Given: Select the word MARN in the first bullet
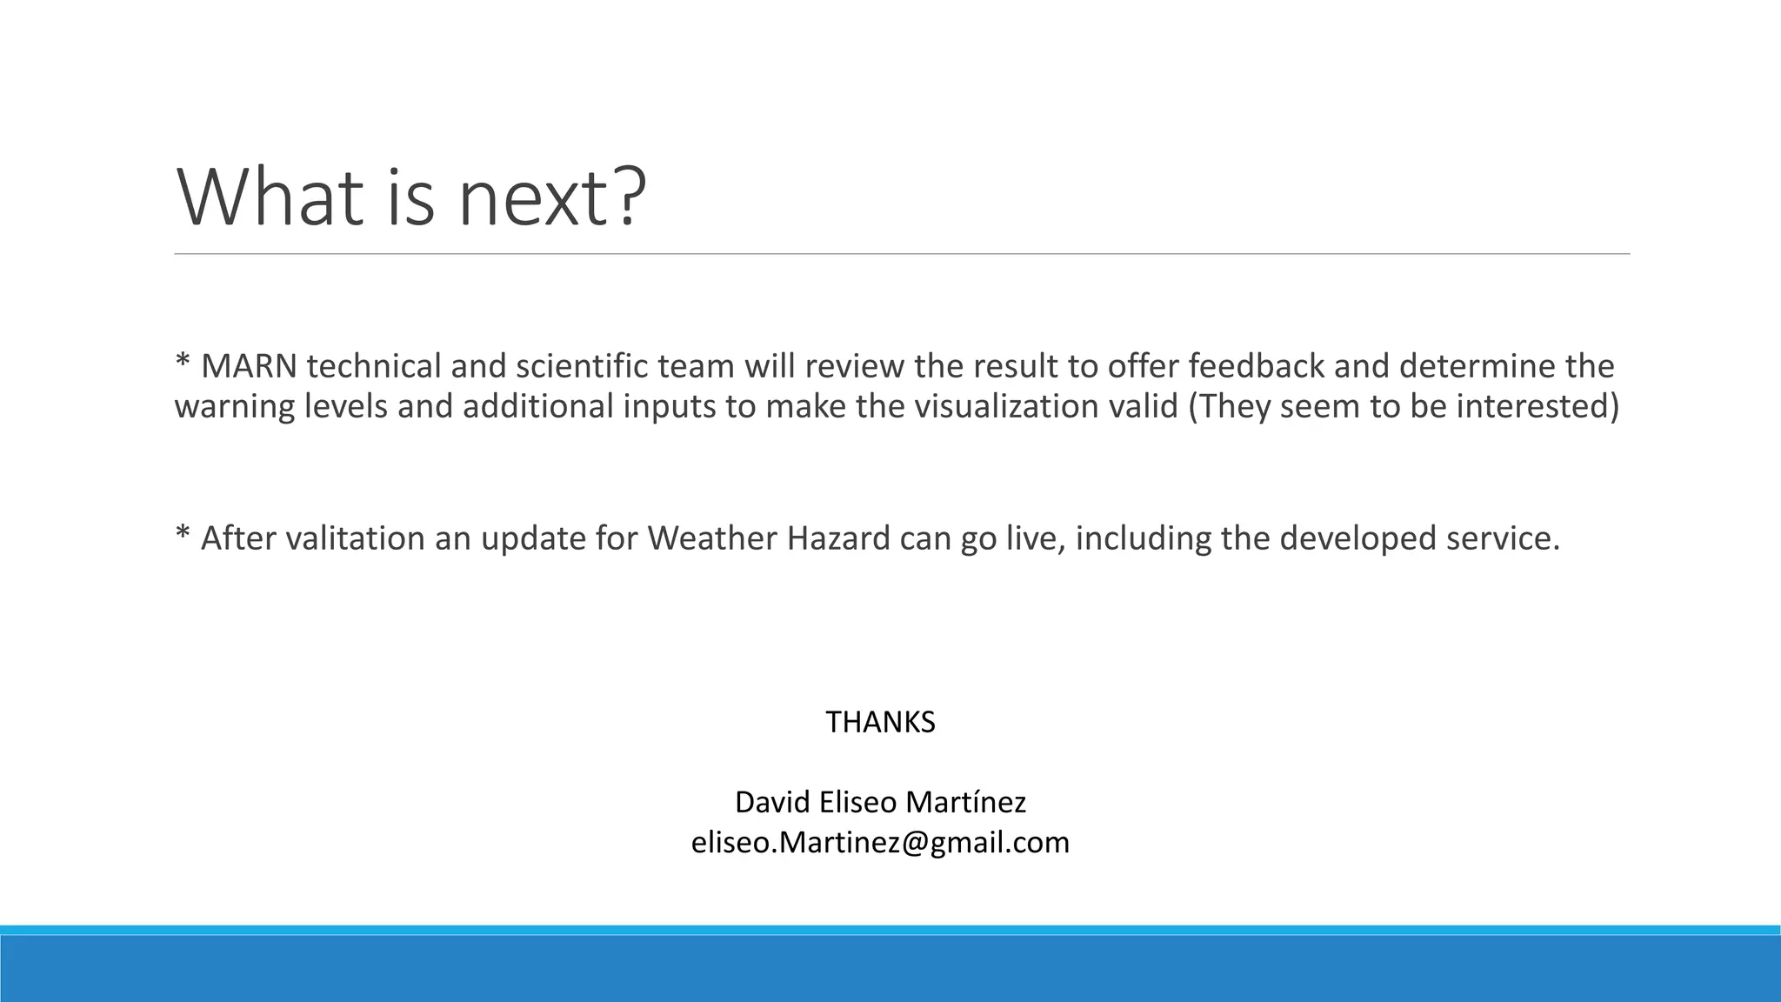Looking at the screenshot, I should [x=249, y=366].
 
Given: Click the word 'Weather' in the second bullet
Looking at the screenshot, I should [x=712, y=538].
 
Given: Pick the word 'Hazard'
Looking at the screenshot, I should [x=838, y=538].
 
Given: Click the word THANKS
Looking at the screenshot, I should [x=880, y=722].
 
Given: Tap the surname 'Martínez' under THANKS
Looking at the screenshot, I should [x=965, y=802].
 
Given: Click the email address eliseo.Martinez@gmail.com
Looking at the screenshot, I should [x=880, y=842].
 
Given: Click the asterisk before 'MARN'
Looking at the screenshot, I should [x=183, y=362].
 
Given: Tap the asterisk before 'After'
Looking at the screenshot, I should [x=183, y=534].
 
